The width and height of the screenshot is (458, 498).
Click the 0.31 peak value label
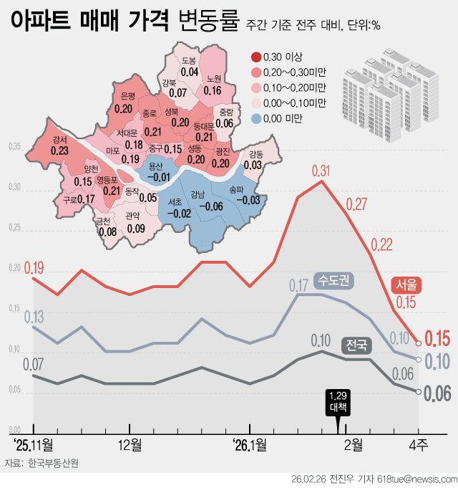click(322, 171)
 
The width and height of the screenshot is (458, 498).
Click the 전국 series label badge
click(356, 345)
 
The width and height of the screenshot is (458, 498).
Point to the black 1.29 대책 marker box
click(338, 402)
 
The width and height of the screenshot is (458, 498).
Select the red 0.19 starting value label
click(34, 269)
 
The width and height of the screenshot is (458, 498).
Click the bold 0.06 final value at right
click(437, 393)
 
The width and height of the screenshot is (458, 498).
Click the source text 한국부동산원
click(54, 463)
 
